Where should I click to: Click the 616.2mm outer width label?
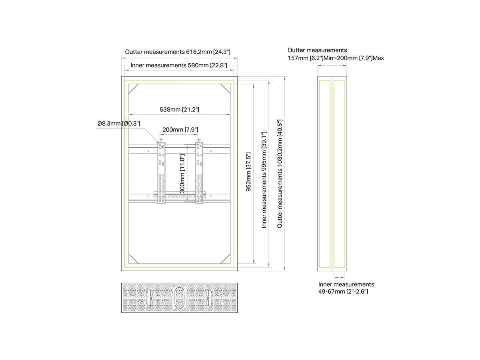click(x=177, y=52)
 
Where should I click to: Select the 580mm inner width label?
click(x=176, y=65)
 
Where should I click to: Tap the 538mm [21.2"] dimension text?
click(x=179, y=110)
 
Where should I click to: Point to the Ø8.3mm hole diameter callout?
click(x=119, y=124)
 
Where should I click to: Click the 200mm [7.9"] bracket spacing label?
click(x=180, y=130)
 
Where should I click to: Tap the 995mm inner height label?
click(x=264, y=179)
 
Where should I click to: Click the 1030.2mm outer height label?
click(x=280, y=173)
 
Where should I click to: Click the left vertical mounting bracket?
click(x=161, y=172)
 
